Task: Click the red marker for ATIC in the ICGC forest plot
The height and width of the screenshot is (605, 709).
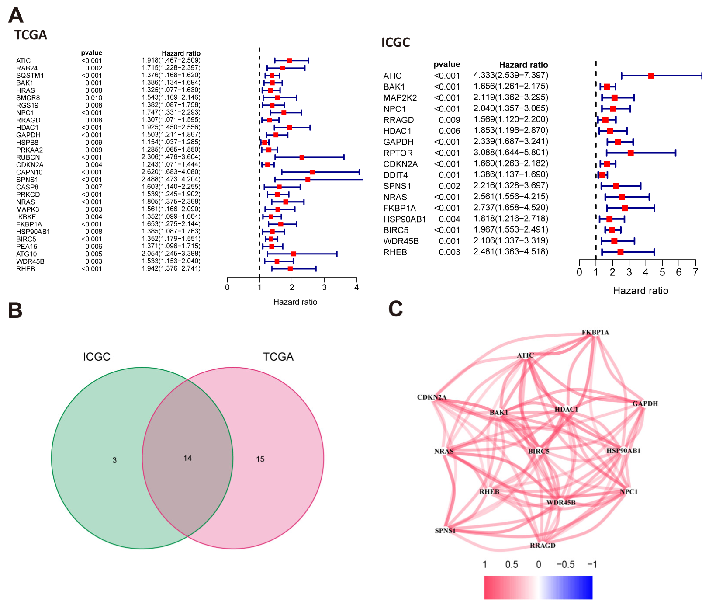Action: pos(651,76)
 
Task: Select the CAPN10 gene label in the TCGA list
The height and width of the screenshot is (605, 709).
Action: pos(29,172)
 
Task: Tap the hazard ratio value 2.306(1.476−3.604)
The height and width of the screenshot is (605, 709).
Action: pos(171,157)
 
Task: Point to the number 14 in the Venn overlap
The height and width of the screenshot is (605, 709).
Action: pos(187,458)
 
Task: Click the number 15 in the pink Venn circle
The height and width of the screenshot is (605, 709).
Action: pos(260,459)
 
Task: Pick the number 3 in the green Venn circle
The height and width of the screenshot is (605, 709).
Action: pos(114,460)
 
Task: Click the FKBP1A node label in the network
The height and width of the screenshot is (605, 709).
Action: pos(595,332)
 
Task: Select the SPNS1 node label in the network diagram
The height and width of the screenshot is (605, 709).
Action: pos(445,531)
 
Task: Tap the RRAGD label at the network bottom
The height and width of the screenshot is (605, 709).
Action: pos(543,546)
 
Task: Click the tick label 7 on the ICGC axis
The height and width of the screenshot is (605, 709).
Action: pos(695,272)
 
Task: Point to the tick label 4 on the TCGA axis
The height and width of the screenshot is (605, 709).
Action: pos(356,287)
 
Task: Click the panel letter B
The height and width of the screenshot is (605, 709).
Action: pos(15,310)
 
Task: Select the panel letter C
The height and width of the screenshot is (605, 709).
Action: pos(395,309)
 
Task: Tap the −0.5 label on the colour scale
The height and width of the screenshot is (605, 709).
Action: pos(565,564)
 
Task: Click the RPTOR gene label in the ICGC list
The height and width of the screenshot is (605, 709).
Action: pos(398,153)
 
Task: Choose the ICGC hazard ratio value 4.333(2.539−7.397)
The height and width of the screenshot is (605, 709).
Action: pos(510,75)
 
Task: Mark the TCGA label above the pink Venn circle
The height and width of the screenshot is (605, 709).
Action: pos(278,357)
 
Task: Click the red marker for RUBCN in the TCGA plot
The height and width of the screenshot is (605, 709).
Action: pos(302,157)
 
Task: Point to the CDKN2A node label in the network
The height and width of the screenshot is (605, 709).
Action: pos(432,397)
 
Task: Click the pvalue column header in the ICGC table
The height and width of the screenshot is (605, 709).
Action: pos(446,64)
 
